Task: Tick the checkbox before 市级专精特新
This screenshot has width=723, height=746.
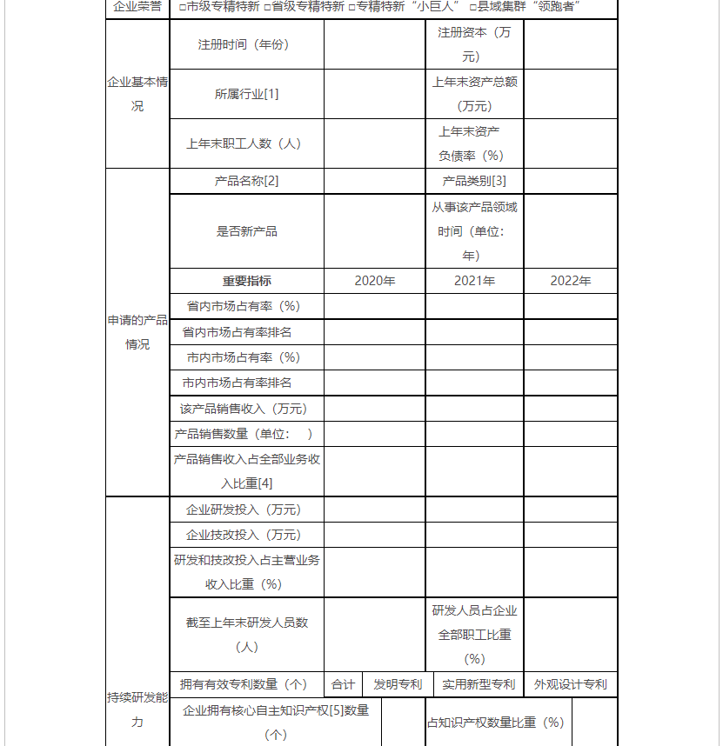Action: coord(181,8)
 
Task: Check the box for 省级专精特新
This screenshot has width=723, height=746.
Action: coord(267,8)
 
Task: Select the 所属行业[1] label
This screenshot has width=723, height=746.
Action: coord(246,94)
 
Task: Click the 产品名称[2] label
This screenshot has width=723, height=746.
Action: coord(246,181)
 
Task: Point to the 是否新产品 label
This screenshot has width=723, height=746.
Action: coord(246,231)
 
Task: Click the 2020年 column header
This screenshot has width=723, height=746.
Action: coord(374,281)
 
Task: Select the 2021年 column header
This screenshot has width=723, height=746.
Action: coord(474,281)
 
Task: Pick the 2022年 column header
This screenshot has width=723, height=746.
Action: coord(570,281)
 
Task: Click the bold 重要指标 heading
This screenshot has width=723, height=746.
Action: coord(246,281)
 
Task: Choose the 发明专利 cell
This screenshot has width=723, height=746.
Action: coord(398,684)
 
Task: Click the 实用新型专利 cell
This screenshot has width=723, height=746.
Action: coord(478,684)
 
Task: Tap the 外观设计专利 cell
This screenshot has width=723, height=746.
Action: coord(570,684)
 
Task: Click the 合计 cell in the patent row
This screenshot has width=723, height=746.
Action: coord(343,684)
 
